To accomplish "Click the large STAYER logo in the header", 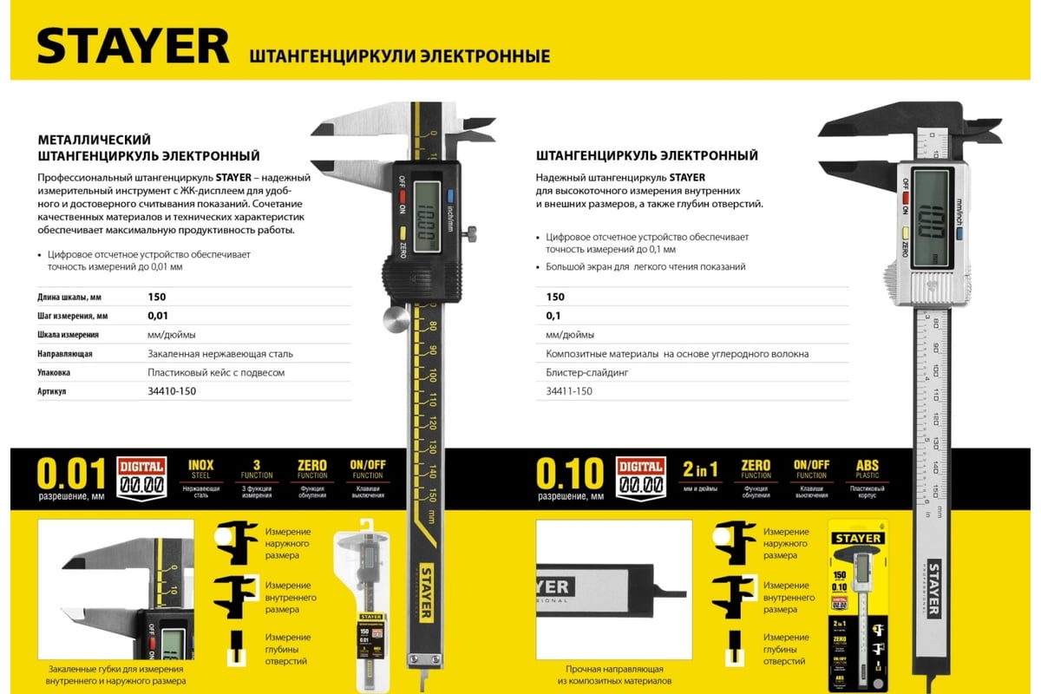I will click(x=133, y=45).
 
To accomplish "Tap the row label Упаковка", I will click(x=54, y=372).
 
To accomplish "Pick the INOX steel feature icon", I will click(x=200, y=474).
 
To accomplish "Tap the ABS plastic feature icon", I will click(x=867, y=474).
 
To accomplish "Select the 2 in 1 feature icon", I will click(x=700, y=474).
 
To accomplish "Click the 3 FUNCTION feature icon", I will click(x=257, y=474).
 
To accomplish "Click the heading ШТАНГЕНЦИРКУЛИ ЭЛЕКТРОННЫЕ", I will click(x=400, y=56).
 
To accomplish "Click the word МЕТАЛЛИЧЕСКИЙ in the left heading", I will click(x=95, y=139).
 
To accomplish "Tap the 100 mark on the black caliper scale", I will click(x=431, y=375).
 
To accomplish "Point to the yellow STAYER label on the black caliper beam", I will click(x=427, y=593).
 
